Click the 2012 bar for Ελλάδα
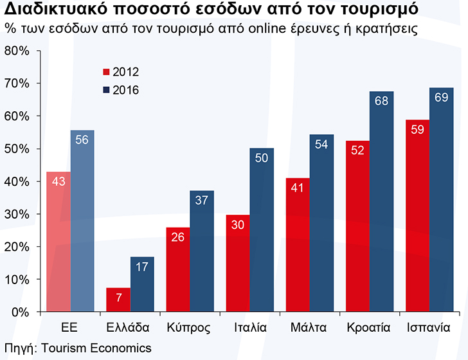(118, 300)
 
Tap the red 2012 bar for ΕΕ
(59, 242)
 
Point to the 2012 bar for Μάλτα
(298, 245)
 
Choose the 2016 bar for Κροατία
(382, 202)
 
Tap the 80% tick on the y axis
(17, 51)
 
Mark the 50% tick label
(17, 149)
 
